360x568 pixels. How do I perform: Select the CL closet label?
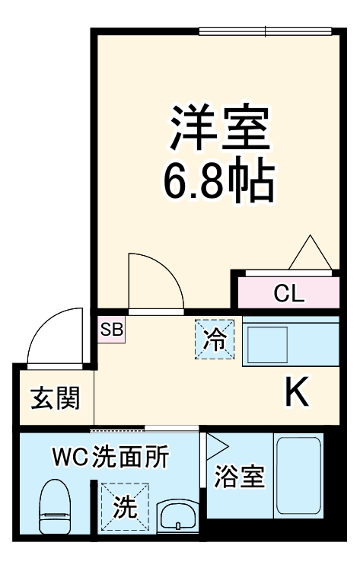click(289, 293)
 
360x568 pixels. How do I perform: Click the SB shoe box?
click(112, 330)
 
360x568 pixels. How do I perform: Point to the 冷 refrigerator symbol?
click(215, 339)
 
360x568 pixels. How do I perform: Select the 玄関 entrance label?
click(54, 397)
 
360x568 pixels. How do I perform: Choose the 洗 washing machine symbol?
click(122, 506)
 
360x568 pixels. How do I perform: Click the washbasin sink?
click(177, 516)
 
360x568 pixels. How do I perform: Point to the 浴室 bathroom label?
click(239, 477)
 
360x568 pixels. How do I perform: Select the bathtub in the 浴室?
click(298, 475)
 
